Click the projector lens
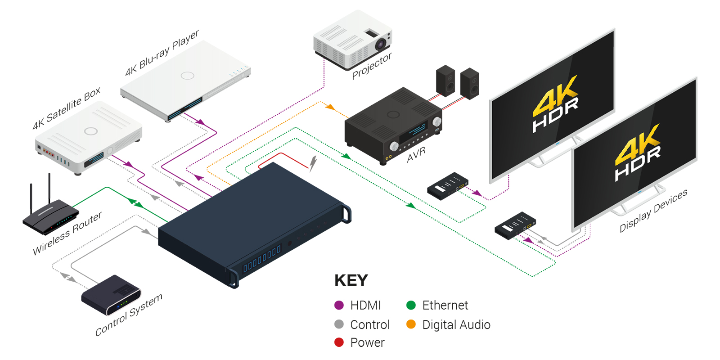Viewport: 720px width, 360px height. tap(381, 44)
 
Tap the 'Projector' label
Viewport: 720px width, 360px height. tap(372, 66)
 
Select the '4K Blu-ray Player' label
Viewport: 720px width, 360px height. tap(162, 53)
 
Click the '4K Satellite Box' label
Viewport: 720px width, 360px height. tap(67, 108)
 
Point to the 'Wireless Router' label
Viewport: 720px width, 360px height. tap(67, 233)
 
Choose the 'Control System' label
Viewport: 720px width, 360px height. tap(129, 315)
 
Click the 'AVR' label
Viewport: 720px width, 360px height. tap(416, 155)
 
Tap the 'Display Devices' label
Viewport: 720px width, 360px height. tap(653, 211)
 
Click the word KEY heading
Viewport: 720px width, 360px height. tap(351, 280)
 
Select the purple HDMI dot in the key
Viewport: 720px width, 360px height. tap(339, 305)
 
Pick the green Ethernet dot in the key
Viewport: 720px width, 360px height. tap(411, 305)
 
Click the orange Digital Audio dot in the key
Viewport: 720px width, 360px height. tap(411, 324)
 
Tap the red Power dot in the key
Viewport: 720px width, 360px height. tap(339, 342)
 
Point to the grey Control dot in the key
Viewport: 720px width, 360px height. tap(339, 324)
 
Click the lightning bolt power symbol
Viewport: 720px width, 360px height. tap(313, 164)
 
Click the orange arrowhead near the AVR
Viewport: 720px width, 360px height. tap(330, 107)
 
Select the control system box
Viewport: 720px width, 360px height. tap(111, 295)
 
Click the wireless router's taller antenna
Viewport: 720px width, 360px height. tap(49, 189)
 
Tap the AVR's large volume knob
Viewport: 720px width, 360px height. tap(437, 122)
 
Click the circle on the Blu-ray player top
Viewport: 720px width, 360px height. tap(187, 76)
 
